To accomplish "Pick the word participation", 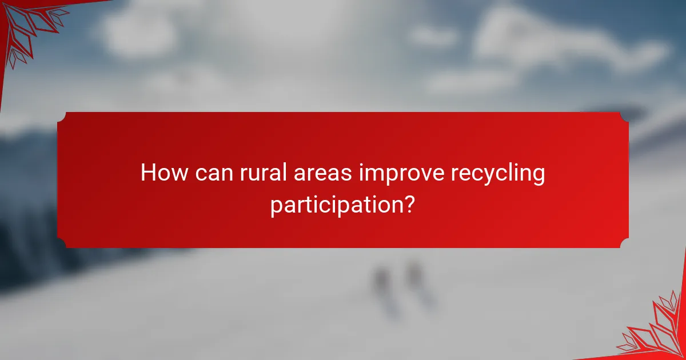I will pos(337,205).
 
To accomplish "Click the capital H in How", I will pos(147,173).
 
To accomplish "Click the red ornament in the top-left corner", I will pos(26,26).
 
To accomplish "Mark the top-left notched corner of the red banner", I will pos(62,117).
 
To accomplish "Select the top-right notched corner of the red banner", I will pos(624,117).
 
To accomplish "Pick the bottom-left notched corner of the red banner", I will pos(62,243).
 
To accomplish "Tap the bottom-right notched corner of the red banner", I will pos(624,243).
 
